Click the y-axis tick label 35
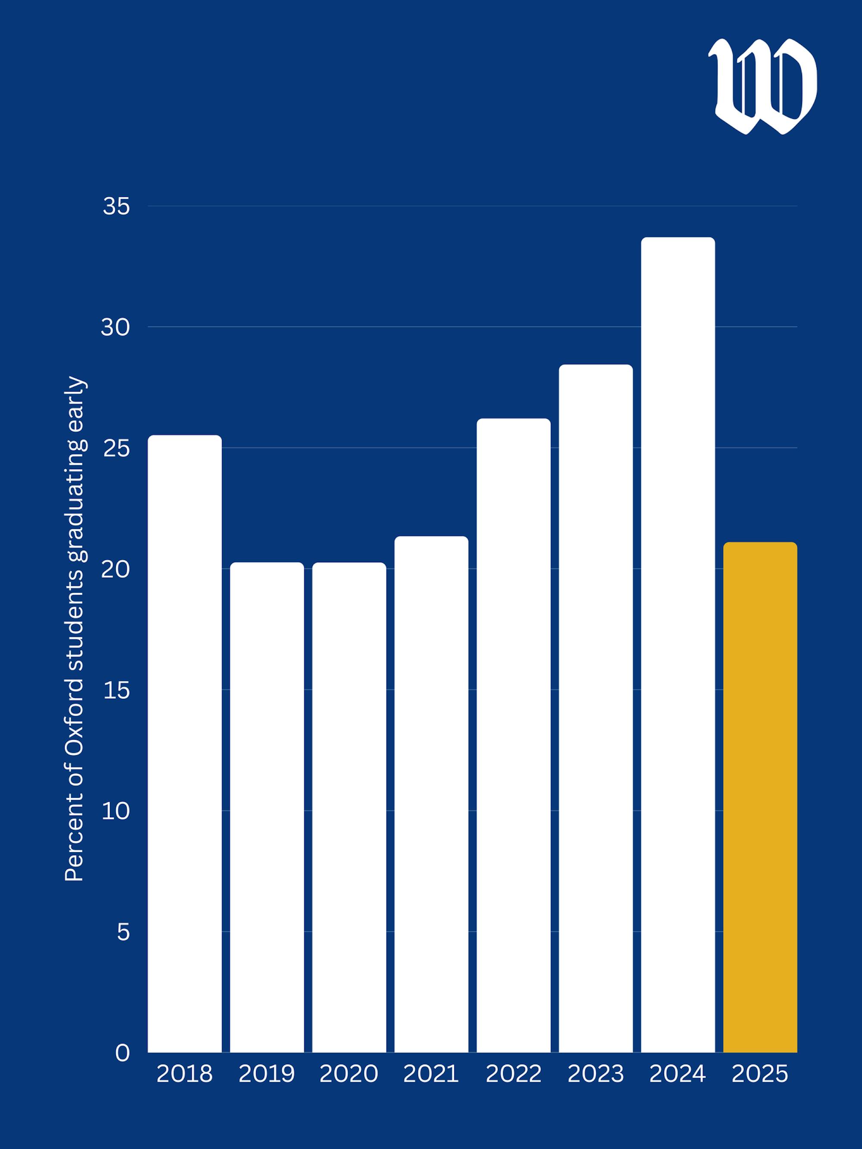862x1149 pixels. tap(116, 207)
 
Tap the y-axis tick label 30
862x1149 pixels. tap(115, 327)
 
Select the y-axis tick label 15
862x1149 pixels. tap(116, 690)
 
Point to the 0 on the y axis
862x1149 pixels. tap(122, 1053)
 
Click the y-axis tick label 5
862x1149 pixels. tap(123, 932)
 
